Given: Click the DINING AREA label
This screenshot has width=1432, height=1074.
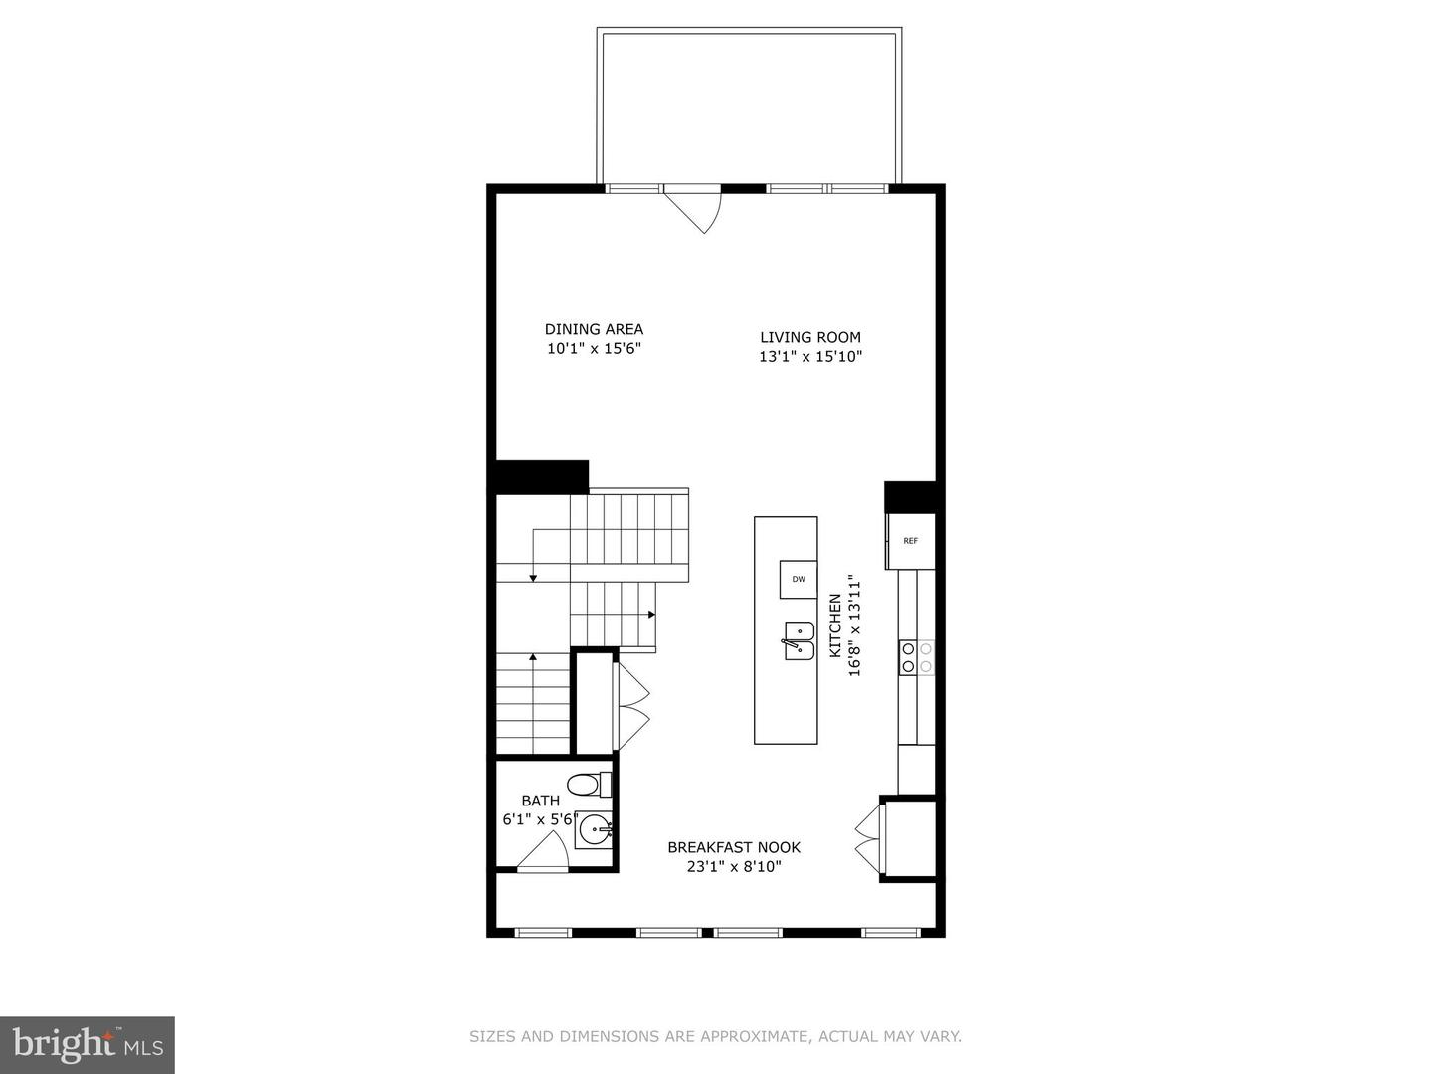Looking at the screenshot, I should coord(594,329).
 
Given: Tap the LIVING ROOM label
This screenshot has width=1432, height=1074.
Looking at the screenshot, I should coord(810,337).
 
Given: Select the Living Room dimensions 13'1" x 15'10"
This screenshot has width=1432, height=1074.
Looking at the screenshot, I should coord(810,357).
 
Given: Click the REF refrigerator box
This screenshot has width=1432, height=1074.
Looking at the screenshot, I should coord(911,541).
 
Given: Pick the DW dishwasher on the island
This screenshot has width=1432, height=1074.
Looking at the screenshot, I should coord(798,579).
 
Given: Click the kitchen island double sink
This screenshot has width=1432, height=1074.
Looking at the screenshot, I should coord(799,640).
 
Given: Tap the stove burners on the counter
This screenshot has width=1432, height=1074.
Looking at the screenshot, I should coord(917,657).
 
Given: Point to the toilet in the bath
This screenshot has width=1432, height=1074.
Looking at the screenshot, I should coord(588,784).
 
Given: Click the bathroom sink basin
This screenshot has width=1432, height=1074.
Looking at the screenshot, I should coord(595,829).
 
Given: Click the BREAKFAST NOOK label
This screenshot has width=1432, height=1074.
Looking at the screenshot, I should coord(734,847).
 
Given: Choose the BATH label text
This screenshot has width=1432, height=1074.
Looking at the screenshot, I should coord(541,801).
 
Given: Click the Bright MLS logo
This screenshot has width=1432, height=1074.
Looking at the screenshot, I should coord(88,1044).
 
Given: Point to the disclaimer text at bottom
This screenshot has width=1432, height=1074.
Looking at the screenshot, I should coord(715,1036).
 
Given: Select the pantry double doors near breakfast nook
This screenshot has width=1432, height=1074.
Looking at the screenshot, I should coord(868,837).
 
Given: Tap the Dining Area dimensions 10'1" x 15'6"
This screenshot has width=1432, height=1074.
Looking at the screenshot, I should coord(594,349).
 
